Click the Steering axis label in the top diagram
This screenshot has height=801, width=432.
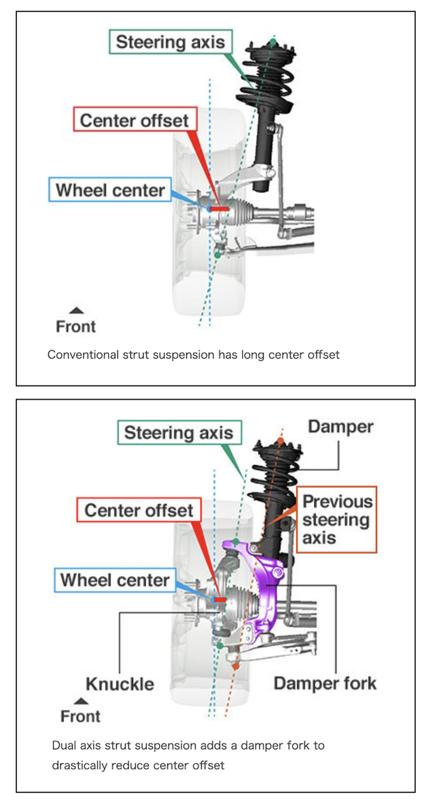(x=170, y=42)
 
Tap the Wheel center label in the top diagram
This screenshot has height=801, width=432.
(x=110, y=190)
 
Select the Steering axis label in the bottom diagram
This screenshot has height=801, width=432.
(x=178, y=433)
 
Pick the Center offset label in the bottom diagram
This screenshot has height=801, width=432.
(x=138, y=511)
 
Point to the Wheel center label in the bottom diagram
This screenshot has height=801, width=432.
(x=115, y=580)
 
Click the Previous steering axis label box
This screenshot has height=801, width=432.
(x=337, y=519)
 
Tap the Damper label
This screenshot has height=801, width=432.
(x=340, y=427)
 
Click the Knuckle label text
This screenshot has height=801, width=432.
(x=120, y=684)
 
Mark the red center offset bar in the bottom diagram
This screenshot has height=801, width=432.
(x=220, y=600)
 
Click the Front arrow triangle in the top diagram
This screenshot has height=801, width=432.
(x=76, y=310)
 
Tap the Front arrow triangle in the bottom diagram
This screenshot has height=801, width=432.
(x=81, y=701)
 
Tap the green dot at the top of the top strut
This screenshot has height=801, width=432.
(x=273, y=42)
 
